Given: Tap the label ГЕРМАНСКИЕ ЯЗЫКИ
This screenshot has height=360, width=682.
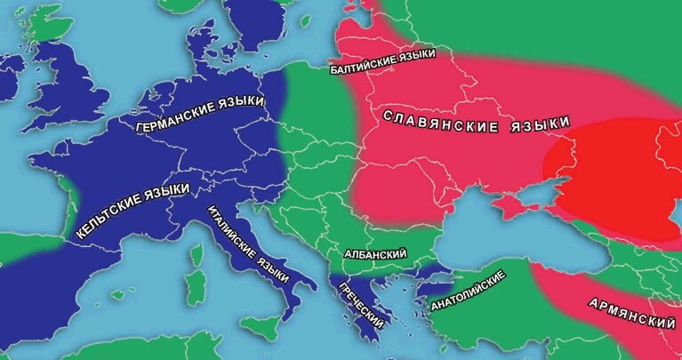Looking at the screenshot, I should click(x=201, y=114).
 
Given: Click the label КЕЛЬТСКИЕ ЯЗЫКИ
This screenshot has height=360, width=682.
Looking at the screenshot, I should click(x=133, y=211).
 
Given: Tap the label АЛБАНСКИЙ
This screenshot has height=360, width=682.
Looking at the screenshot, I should click(x=374, y=254).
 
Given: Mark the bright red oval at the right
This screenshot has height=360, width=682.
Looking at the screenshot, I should click(x=614, y=182).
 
